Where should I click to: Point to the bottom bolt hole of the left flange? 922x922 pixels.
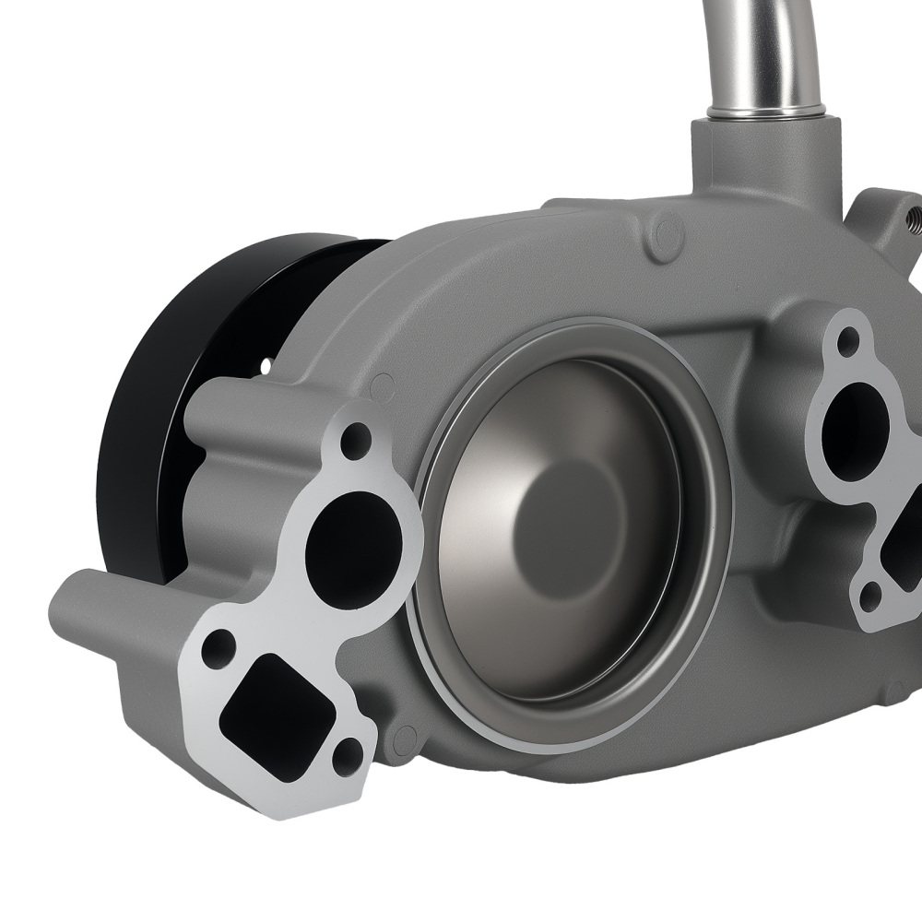tap(346, 758)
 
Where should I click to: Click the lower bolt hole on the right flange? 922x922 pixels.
tap(869, 597)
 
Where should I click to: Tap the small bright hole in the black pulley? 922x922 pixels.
tap(266, 366)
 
